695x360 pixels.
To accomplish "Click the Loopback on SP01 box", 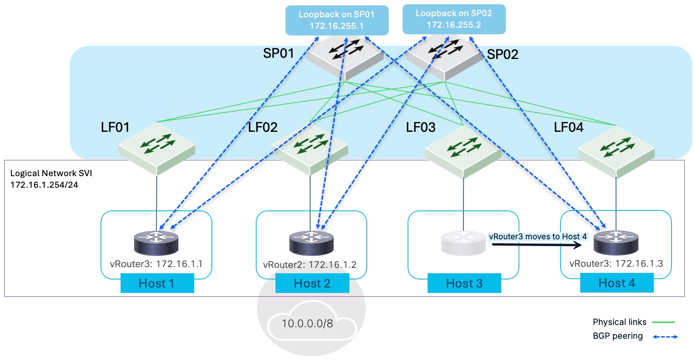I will click(x=337, y=20).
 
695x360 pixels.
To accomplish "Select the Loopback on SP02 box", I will click(x=454, y=19).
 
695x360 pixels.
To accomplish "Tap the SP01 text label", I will click(x=279, y=53).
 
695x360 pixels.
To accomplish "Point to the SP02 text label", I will click(x=502, y=54).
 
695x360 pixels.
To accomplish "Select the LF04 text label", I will click(x=568, y=127).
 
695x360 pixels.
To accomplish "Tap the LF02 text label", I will click(x=262, y=127).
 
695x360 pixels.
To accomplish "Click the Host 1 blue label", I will click(x=157, y=283).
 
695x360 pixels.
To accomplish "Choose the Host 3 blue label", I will click(x=464, y=283).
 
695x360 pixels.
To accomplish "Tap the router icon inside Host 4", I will click(x=616, y=242).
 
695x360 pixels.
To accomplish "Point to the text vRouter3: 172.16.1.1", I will click(x=156, y=264).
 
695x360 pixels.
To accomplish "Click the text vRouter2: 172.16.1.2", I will click(x=309, y=265).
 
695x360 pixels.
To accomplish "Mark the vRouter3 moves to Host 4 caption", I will click(x=537, y=237).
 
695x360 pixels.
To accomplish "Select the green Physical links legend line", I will click(x=663, y=322).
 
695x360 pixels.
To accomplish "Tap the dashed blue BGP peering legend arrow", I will click(x=665, y=336).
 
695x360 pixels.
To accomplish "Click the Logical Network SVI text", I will click(x=51, y=179).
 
